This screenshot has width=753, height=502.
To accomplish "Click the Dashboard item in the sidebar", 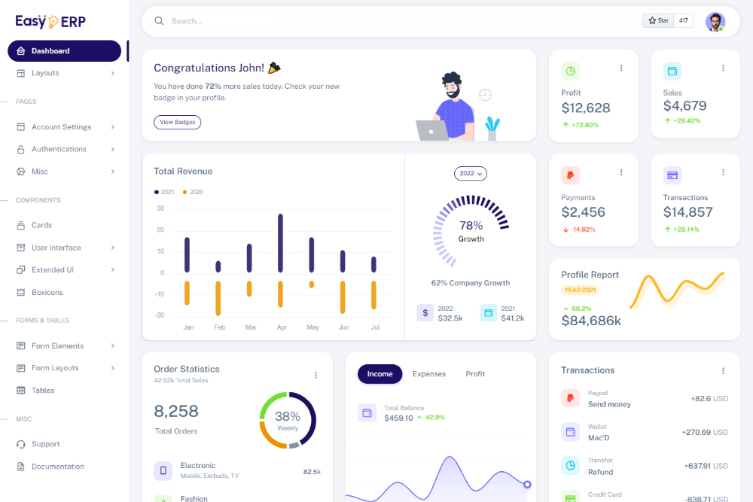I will point(64,51).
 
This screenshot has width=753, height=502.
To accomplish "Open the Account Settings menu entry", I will point(61,127).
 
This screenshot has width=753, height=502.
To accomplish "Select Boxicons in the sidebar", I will point(47,292).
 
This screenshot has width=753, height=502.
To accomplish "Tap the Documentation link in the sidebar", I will point(57,467).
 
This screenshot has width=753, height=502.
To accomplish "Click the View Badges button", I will point(177,122).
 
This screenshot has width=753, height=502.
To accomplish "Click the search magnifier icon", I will point(159,21).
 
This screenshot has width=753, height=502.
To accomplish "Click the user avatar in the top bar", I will point(715,21).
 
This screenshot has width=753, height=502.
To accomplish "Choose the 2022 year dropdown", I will point(471,174).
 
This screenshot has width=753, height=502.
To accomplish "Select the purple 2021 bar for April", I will point(280,243).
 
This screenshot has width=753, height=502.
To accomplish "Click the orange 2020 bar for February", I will point(218,297).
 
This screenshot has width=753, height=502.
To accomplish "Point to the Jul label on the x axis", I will point(375,327).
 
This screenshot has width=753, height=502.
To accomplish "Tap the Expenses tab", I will point(429,374).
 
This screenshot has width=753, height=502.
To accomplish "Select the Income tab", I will point(380,374).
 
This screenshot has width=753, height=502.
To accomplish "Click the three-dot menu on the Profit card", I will point(621,68).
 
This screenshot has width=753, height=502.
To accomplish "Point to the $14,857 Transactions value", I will point(687,212).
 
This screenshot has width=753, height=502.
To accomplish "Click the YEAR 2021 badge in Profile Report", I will point(580,290).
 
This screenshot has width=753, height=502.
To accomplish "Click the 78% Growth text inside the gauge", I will point(471,230).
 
